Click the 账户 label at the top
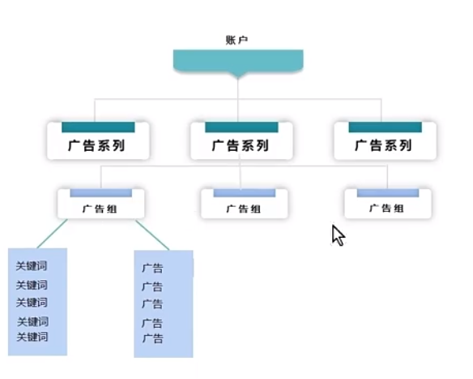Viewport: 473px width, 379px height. pyautogui.click(x=236, y=41)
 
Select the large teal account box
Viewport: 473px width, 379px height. pyautogui.click(x=238, y=62)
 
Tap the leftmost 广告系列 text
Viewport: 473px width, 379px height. pyautogui.click(x=96, y=145)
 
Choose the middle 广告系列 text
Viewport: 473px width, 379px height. pyautogui.click(x=240, y=145)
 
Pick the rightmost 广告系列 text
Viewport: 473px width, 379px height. pyautogui.click(x=383, y=145)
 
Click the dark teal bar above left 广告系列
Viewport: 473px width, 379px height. pyautogui.click(x=98, y=127)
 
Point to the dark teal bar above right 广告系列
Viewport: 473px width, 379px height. pyautogui.click(x=386, y=127)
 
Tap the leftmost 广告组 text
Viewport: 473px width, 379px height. pyautogui.click(x=100, y=209)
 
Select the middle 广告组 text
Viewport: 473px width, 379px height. pyautogui.click(x=244, y=209)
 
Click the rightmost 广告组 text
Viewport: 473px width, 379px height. pyautogui.click(x=386, y=209)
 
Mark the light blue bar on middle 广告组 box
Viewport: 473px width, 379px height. pyautogui.click(x=245, y=193)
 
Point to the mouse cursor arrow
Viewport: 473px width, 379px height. pyautogui.click(x=339, y=235)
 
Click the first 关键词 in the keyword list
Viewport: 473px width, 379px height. pyautogui.click(x=32, y=266)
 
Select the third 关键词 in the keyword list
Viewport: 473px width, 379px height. pyautogui.click(x=32, y=303)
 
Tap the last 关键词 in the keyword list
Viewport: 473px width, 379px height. pyautogui.click(x=32, y=337)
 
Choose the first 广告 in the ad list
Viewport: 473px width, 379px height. pyautogui.click(x=152, y=268)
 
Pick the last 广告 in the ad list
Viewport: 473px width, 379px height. pyautogui.click(x=153, y=338)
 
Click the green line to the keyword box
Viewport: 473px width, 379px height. pyautogui.click(x=52, y=234)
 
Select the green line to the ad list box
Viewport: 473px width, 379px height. pyautogui.click(x=152, y=235)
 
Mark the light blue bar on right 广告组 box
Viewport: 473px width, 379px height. pyautogui.click(x=388, y=193)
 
